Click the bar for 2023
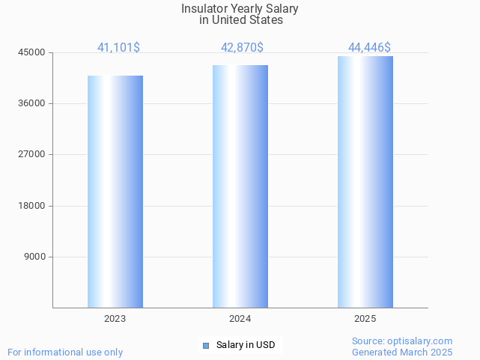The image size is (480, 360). (115, 192)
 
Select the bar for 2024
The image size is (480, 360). (240, 186)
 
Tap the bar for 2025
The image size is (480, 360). (365, 182)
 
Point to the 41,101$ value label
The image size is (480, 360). (118, 47)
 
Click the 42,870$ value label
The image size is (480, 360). (242, 47)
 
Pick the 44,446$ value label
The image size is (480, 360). (369, 47)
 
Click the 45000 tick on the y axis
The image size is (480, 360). (32, 52)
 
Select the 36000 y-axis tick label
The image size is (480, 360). (32, 103)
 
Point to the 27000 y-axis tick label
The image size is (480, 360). (32, 154)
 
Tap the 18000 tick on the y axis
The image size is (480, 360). (32, 206)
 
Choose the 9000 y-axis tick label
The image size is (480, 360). (34, 257)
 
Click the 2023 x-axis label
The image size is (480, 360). (115, 319)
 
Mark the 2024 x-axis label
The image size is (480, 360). (240, 319)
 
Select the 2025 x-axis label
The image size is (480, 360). (365, 319)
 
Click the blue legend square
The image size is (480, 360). (206, 345)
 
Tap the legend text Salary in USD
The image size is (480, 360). (246, 345)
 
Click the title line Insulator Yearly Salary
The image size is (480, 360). (240, 9)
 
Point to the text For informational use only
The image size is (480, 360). (65, 352)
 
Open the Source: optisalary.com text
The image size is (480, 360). (402, 341)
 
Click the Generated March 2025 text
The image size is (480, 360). (402, 352)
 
